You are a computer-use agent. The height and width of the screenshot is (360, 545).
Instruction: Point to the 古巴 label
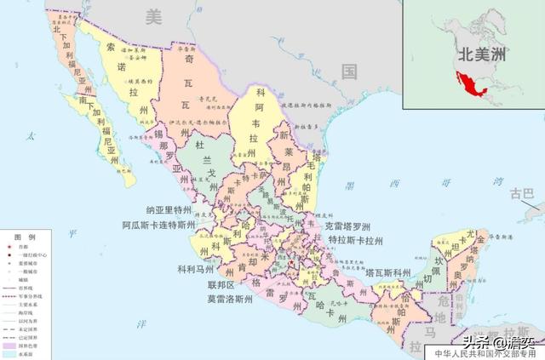pos(520,194)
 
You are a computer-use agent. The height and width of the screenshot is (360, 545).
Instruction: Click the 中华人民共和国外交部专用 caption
pos(486,353)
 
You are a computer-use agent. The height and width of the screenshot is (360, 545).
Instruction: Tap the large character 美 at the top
pos(152,14)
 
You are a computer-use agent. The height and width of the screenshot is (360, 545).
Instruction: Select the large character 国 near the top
pos(348,71)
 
